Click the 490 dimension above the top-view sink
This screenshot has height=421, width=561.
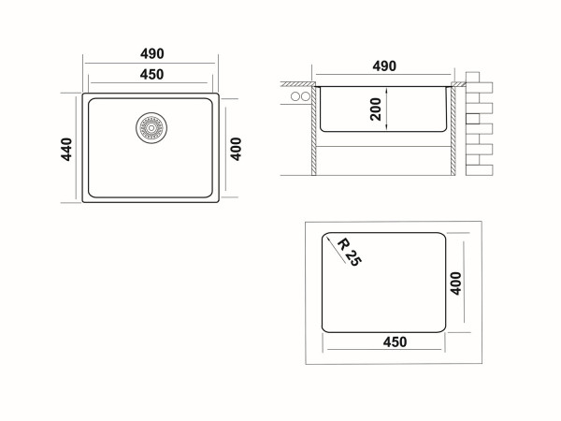coord(152,53)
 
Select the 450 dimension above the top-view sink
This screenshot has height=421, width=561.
coord(152,75)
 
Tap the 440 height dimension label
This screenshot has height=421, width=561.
coord(66,150)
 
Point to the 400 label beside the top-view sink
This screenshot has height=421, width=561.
coord(236,149)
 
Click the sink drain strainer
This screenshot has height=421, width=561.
coord(151,128)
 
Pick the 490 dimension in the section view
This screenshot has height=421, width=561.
coord(384,65)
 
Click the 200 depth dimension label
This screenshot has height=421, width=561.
coord(376,109)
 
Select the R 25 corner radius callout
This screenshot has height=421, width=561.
coord(350,252)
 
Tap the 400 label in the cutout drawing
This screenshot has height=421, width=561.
coord(455,283)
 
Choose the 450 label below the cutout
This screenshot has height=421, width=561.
coord(395,341)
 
